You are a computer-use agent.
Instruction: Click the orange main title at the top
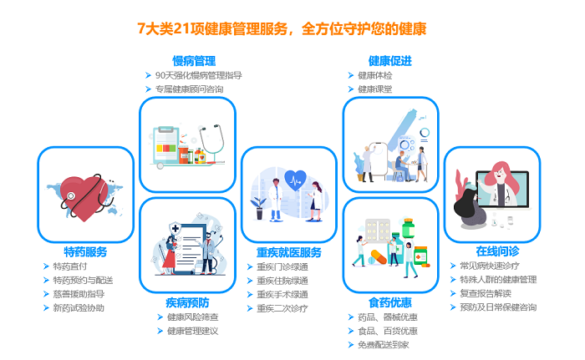(282, 28)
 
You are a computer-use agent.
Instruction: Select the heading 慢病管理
(194, 61)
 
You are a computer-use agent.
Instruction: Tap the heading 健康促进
(390, 61)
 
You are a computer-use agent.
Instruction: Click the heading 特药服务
(85, 251)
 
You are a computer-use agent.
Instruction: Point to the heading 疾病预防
(187, 302)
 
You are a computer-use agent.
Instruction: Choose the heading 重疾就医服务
(289, 252)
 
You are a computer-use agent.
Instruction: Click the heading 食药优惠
(390, 302)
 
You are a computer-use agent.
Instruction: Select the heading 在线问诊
(497, 251)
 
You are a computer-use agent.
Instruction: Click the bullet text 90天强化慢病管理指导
(199, 75)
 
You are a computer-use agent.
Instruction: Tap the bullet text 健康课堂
(375, 89)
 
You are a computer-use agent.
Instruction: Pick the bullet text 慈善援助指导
(79, 294)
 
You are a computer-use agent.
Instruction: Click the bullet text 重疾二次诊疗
(282, 308)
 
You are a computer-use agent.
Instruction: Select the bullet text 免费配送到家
(384, 345)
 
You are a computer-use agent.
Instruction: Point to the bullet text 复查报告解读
(486, 293)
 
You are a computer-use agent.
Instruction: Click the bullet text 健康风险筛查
(193, 317)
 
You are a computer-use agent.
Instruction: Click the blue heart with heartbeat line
(296, 180)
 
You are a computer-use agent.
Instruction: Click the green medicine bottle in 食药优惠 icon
(408, 228)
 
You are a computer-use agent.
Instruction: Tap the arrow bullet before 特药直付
(46, 266)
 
